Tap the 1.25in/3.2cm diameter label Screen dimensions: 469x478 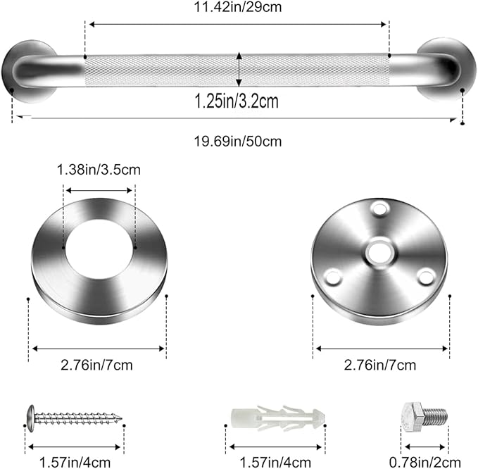237,101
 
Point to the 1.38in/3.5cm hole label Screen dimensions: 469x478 99,170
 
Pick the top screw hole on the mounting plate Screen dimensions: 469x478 379,209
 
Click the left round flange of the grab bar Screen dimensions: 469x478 28,70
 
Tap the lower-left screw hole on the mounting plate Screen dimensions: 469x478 333,277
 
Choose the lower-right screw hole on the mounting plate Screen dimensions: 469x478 426,276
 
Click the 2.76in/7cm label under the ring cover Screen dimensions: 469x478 99,364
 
